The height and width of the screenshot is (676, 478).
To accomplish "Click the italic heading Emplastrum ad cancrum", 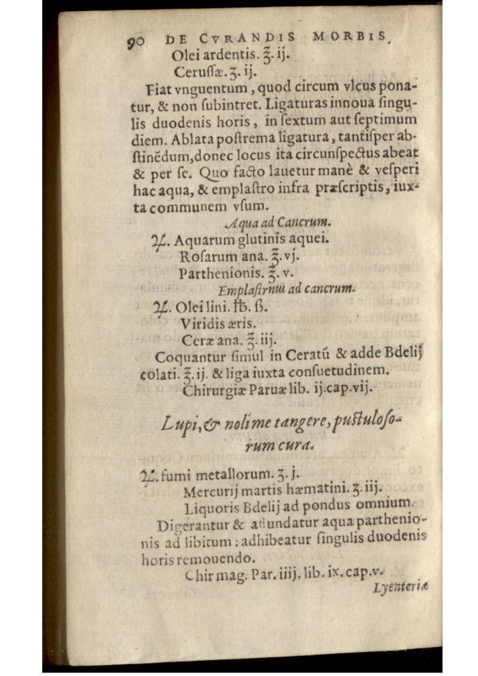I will pos(286,289).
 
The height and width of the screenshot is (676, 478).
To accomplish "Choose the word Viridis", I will pos(203,323).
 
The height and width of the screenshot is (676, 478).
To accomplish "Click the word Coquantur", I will pos(188,357).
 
